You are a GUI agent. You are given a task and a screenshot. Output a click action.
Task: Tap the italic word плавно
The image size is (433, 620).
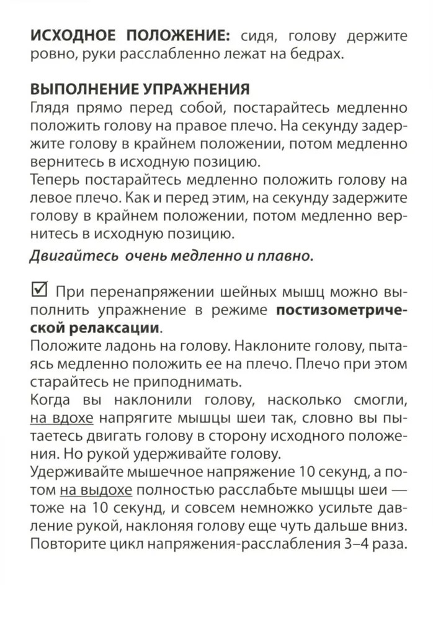[x=281, y=256]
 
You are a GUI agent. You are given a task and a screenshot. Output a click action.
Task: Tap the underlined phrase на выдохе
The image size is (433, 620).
[x=96, y=492]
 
